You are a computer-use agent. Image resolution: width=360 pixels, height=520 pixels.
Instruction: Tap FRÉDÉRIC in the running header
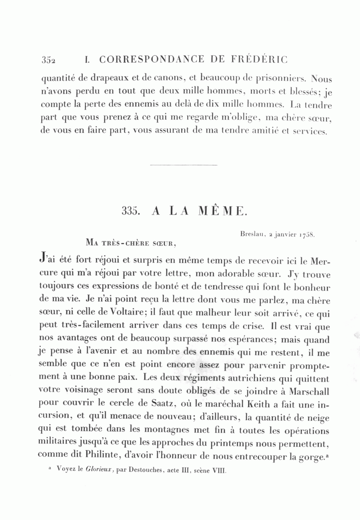[x=260, y=60]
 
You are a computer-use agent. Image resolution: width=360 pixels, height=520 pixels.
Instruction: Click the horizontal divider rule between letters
[x=183, y=165]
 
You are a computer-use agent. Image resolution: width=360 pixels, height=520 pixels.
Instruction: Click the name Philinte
[x=100, y=454]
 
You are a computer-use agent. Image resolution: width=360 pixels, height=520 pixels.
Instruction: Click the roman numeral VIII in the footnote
[x=219, y=471]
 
